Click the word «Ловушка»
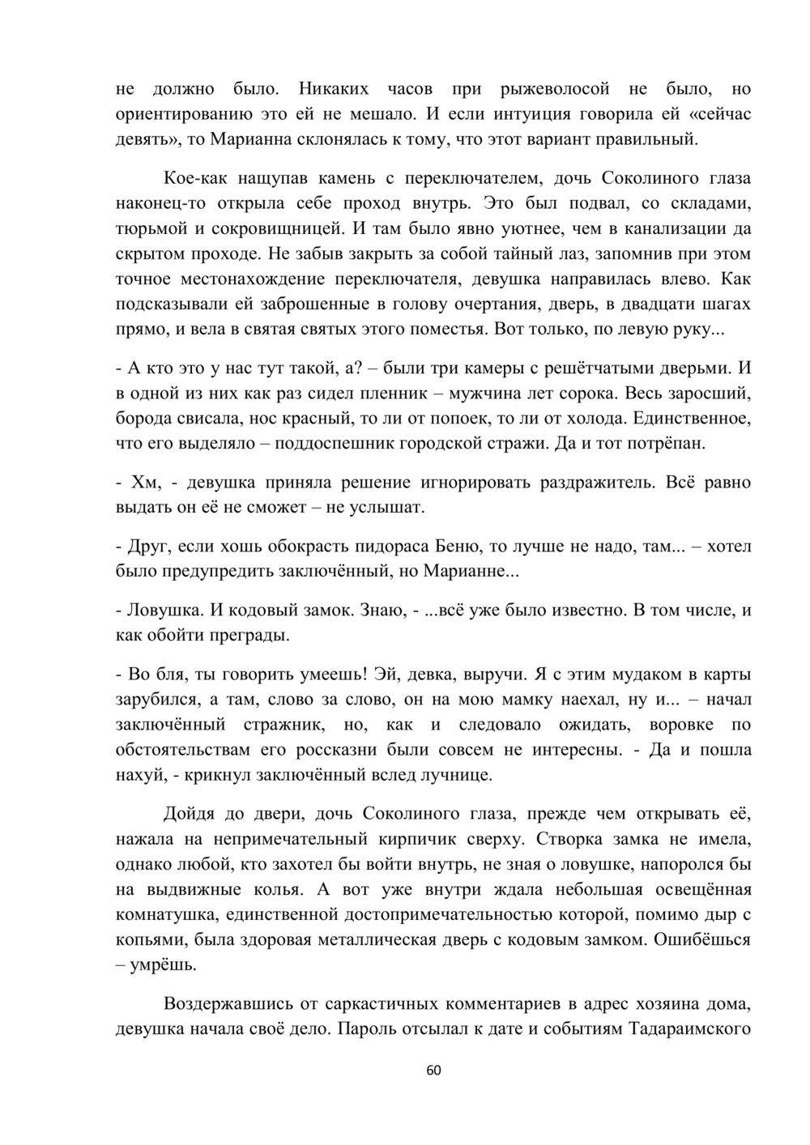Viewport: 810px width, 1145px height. [164, 610]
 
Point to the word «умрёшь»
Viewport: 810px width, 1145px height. [165, 965]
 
